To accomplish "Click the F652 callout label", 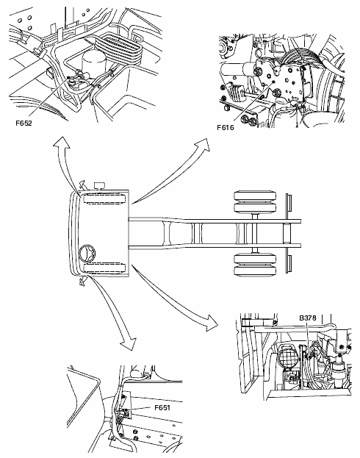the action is (x=24, y=124).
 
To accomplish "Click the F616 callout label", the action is (x=226, y=127).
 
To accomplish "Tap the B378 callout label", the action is (x=308, y=318).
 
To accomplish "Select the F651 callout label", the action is (x=162, y=407).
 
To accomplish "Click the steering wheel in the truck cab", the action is (x=87, y=253).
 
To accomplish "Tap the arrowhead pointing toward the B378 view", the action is (x=212, y=323).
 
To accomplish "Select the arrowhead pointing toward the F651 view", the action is (x=129, y=343).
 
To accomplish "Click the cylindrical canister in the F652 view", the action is (x=93, y=64).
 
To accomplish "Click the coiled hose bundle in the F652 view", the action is (x=118, y=49).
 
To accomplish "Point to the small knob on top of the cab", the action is (x=100, y=186).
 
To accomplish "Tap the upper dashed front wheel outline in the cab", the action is (x=104, y=198).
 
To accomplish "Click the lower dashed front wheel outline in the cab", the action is (x=104, y=268).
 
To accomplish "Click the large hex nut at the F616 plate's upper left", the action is (x=258, y=72).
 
